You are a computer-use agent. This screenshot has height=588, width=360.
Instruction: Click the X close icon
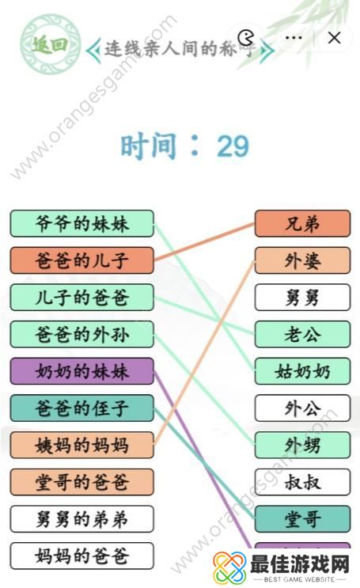click(335, 37)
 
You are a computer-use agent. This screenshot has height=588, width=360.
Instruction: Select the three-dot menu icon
click(294, 37)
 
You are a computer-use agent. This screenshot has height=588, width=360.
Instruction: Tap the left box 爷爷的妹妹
click(81, 223)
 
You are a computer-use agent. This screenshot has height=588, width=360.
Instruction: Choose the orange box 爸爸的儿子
click(81, 260)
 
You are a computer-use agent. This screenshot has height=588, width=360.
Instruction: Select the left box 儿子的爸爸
click(81, 298)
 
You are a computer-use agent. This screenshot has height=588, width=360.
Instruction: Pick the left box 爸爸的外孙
click(81, 335)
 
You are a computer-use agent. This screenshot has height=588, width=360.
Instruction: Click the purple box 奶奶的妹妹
click(81, 371)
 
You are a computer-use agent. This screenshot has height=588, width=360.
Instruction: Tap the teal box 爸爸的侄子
click(81, 408)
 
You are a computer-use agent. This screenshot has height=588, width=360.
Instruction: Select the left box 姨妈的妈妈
click(81, 445)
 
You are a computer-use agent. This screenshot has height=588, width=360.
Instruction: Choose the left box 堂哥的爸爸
click(81, 481)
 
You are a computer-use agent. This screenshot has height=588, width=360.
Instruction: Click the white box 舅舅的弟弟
click(81, 518)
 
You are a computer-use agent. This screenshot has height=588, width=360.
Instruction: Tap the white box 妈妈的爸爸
click(81, 556)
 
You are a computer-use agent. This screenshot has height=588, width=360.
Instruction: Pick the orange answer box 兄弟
click(302, 224)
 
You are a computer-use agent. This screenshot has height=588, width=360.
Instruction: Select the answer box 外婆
click(302, 261)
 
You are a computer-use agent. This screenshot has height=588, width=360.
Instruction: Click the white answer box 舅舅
click(302, 298)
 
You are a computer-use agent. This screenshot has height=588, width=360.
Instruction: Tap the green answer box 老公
click(302, 335)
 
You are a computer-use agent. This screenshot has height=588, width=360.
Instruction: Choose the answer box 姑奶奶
click(302, 371)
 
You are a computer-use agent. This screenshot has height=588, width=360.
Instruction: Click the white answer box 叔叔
click(302, 481)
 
